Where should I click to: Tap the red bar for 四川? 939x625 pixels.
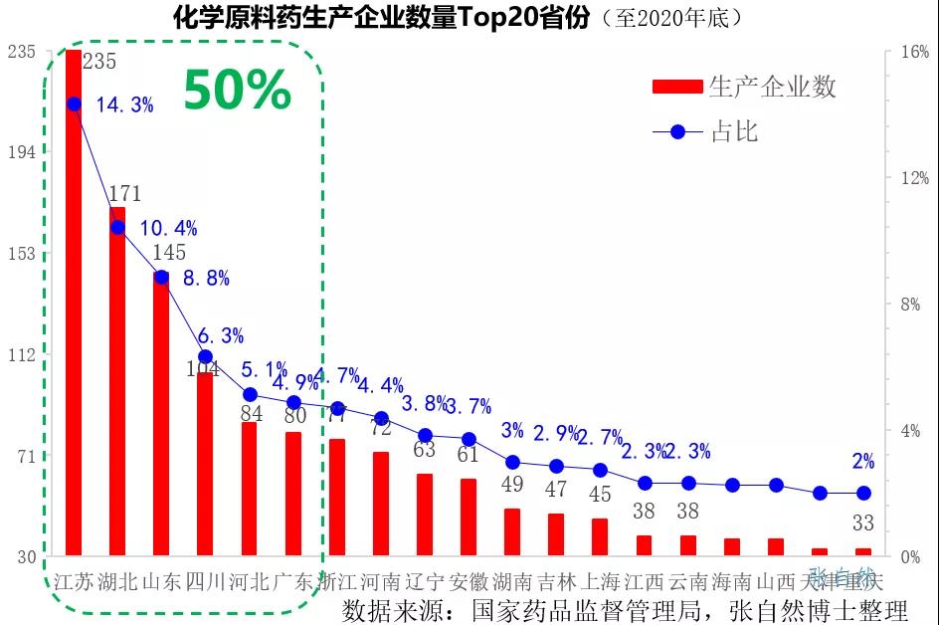[x=205, y=463]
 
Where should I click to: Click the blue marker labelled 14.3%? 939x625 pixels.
[x=74, y=104]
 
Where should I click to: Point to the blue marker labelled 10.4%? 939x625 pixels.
[x=117, y=228]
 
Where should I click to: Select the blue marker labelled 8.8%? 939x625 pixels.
[x=161, y=277]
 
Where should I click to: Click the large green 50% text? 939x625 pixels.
[x=237, y=92]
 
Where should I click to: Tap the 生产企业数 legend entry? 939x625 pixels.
[x=744, y=87]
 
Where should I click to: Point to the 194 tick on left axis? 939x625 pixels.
[x=21, y=152]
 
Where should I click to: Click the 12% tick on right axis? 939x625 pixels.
[x=914, y=179]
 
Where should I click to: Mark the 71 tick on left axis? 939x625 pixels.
[x=21, y=457]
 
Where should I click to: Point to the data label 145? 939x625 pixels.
[x=169, y=253]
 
